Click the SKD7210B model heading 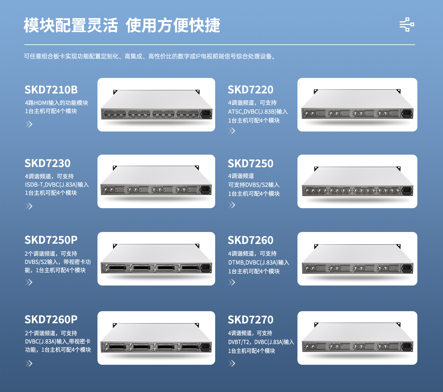click(51, 90)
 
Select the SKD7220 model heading click(251, 90)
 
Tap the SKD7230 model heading click(47, 163)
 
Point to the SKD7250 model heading click(251, 164)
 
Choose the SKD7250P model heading click(51, 240)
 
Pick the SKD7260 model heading click(251, 240)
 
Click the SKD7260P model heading click(51, 319)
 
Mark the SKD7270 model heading click(251, 319)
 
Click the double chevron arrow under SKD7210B click(29, 124)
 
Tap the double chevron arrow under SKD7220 click(232, 131)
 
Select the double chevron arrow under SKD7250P click(29, 282)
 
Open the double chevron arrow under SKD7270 click(232, 363)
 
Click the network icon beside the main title click(407, 24)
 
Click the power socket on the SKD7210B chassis click(206, 113)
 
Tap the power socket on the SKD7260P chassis click(206, 347)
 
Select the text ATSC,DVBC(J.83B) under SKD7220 click(252, 112)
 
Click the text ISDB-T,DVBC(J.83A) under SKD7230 click(51, 185)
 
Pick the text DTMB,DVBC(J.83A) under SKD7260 click(253, 262)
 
